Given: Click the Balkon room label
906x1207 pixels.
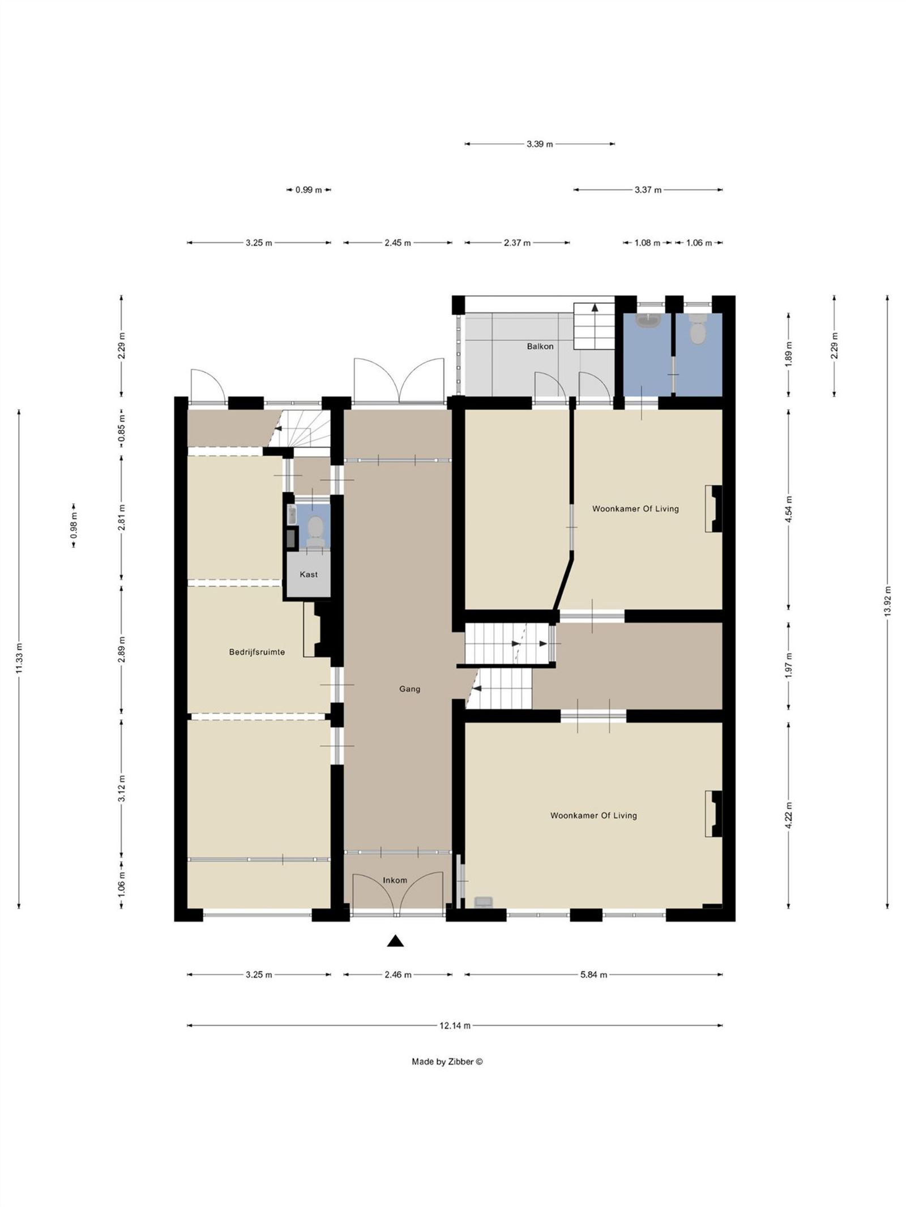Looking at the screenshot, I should click(540, 346).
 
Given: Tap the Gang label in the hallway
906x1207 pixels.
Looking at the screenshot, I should click(409, 689).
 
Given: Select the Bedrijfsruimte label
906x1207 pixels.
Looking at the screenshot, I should click(257, 652).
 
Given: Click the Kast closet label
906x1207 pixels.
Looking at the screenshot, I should click(308, 574).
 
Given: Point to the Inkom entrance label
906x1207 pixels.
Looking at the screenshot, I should click(395, 880).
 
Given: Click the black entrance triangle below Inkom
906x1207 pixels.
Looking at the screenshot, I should click(395, 940).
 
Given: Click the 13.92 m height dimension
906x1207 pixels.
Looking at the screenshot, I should click(887, 602).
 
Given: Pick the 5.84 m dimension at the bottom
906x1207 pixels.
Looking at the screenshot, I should click(593, 974).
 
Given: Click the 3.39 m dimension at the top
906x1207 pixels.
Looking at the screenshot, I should click(539, 144).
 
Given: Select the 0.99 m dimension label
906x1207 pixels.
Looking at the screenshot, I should click(308, 190).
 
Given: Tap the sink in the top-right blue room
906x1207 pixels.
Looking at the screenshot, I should click(647, 321).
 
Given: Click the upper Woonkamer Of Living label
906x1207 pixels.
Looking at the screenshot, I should click(635, 509).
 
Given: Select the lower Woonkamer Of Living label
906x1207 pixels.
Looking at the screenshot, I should click(593, 815).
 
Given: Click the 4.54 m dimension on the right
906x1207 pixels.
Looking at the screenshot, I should click(789, 509).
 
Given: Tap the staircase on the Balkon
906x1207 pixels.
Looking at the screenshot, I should click(594, 326).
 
